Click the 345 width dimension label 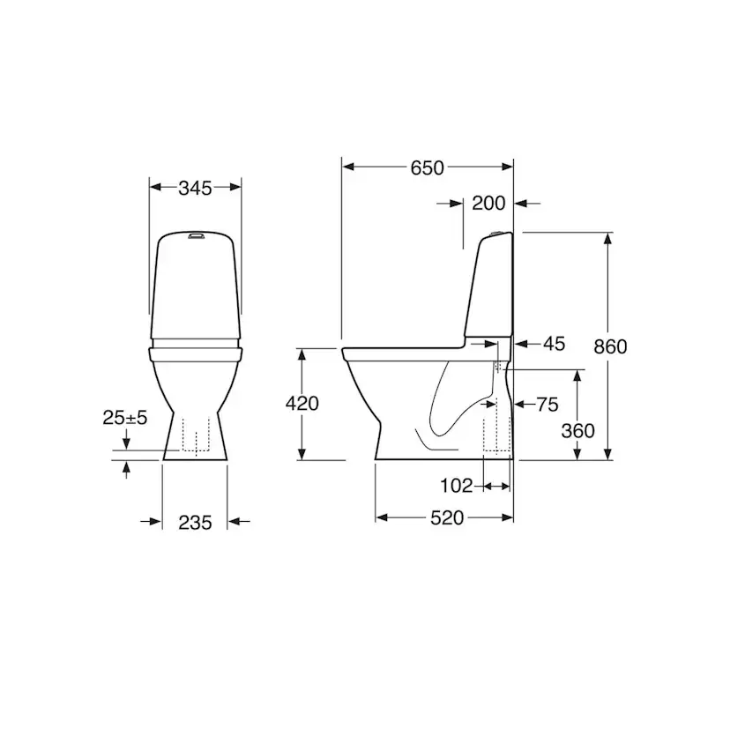pos(195,187)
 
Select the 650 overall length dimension pos(427,167)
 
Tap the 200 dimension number pos(488,204)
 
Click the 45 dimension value pos(554,343)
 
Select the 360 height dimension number pos(577,431)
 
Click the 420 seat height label pos(302,404)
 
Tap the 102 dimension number pos(457,485)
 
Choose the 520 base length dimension pos(447,518)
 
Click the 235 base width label pos(195,523)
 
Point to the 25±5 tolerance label pos(124,418)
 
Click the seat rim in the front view pos(196,353)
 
